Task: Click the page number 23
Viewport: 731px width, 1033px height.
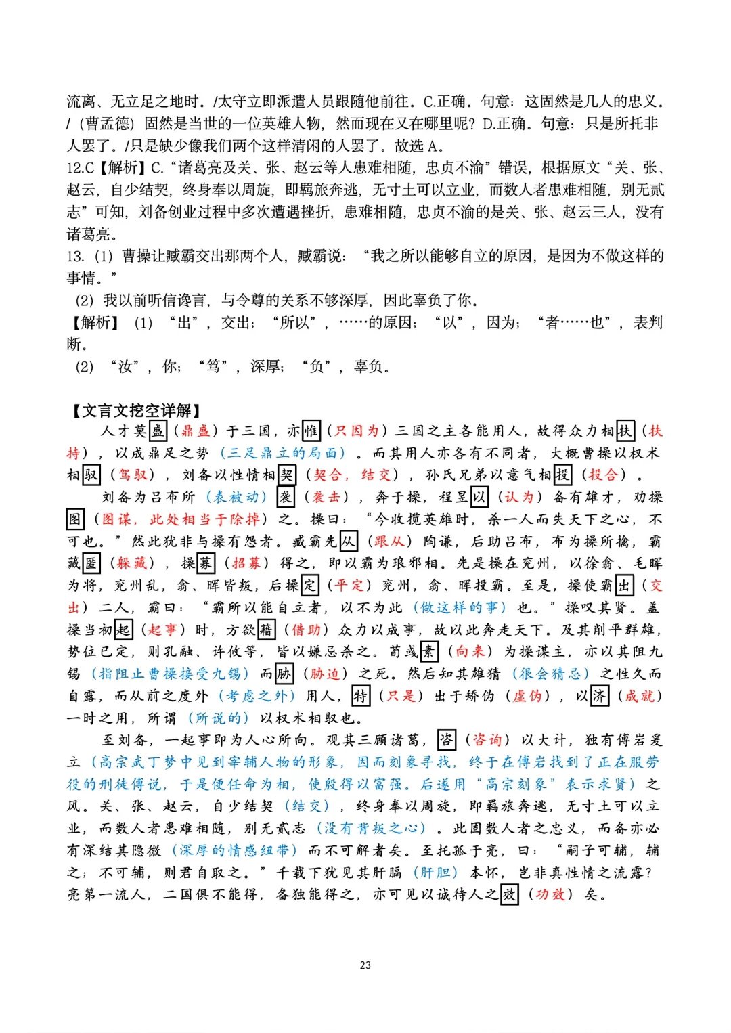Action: pos(365,965)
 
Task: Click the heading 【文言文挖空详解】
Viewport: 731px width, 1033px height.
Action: pos(135,410)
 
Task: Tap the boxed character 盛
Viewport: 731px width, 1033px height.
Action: pos(158,431)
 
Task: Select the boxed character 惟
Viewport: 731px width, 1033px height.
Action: pos(311,431)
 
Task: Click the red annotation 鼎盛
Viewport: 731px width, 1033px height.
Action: pos(196,431)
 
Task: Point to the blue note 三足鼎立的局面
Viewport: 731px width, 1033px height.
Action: pos(283,453)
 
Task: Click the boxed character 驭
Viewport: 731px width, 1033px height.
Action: pos(91,475)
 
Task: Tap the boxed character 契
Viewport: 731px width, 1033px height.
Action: pos(287,475)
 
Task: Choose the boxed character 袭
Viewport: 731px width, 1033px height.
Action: pos(286,498)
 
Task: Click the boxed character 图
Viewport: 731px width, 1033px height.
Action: pos(75,519)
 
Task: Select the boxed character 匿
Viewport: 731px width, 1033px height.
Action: pos(91,563)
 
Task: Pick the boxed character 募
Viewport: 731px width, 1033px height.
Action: pos(206,563)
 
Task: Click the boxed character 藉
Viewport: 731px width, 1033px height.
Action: pos(267,630)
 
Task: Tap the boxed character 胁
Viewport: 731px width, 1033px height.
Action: pos(284,674)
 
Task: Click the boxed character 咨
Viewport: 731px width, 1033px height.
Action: pos(447,740)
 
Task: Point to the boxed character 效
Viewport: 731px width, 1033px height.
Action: pos(509,895)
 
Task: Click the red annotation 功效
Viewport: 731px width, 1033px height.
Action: pos(550,895)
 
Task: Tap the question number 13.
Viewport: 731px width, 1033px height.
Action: pos(75,257)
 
